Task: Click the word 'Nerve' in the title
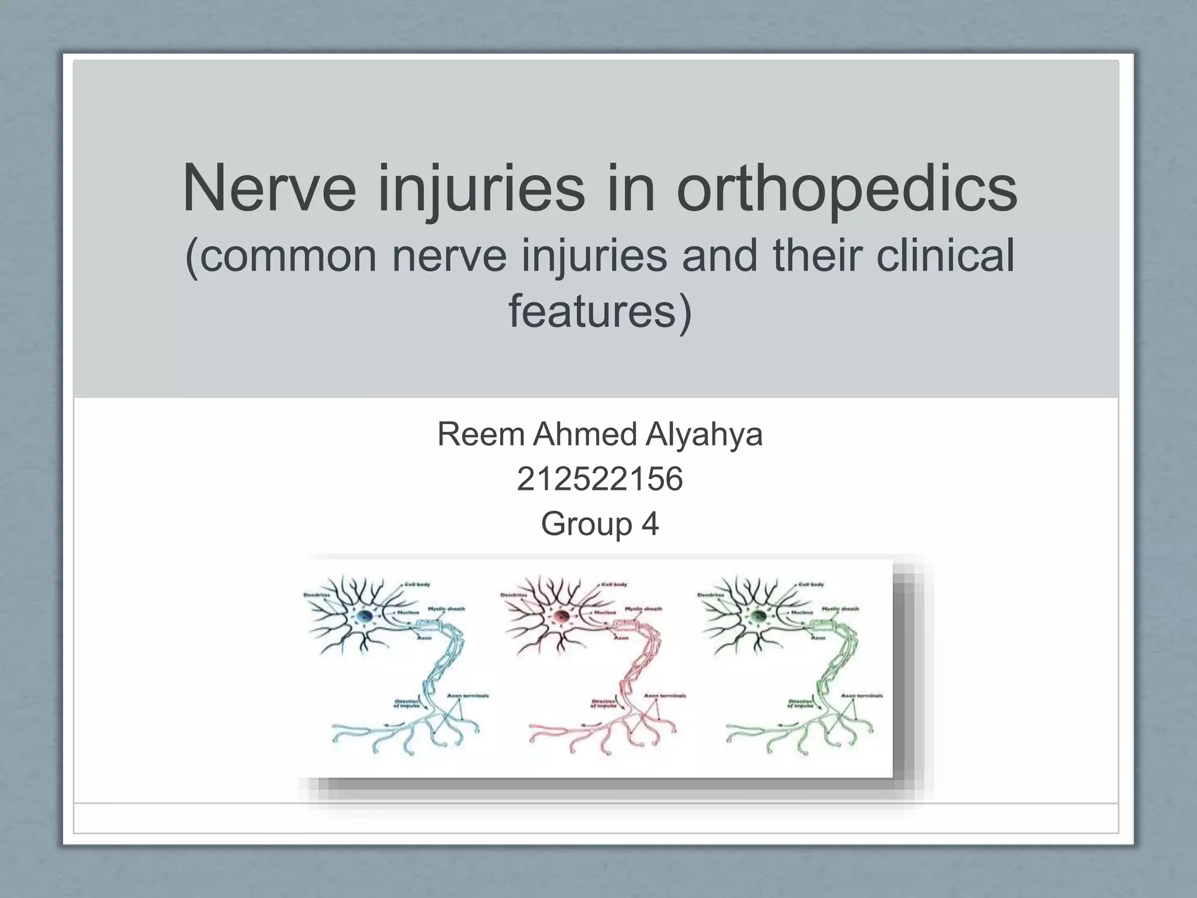[269, 188]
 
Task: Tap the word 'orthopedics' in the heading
[847, 189]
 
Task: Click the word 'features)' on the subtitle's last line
[600, 311]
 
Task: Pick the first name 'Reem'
[480, 434]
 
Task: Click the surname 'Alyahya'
[704, 434]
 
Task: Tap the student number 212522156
[600, 479]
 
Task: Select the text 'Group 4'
[600, 523]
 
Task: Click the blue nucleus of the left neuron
[365, 616]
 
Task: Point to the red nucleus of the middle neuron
[562, 616]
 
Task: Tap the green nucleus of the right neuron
[759, 616]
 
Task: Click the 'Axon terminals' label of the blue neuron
[468, 696]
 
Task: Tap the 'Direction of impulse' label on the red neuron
[603, 703]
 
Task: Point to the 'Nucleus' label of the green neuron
[802, 612]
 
